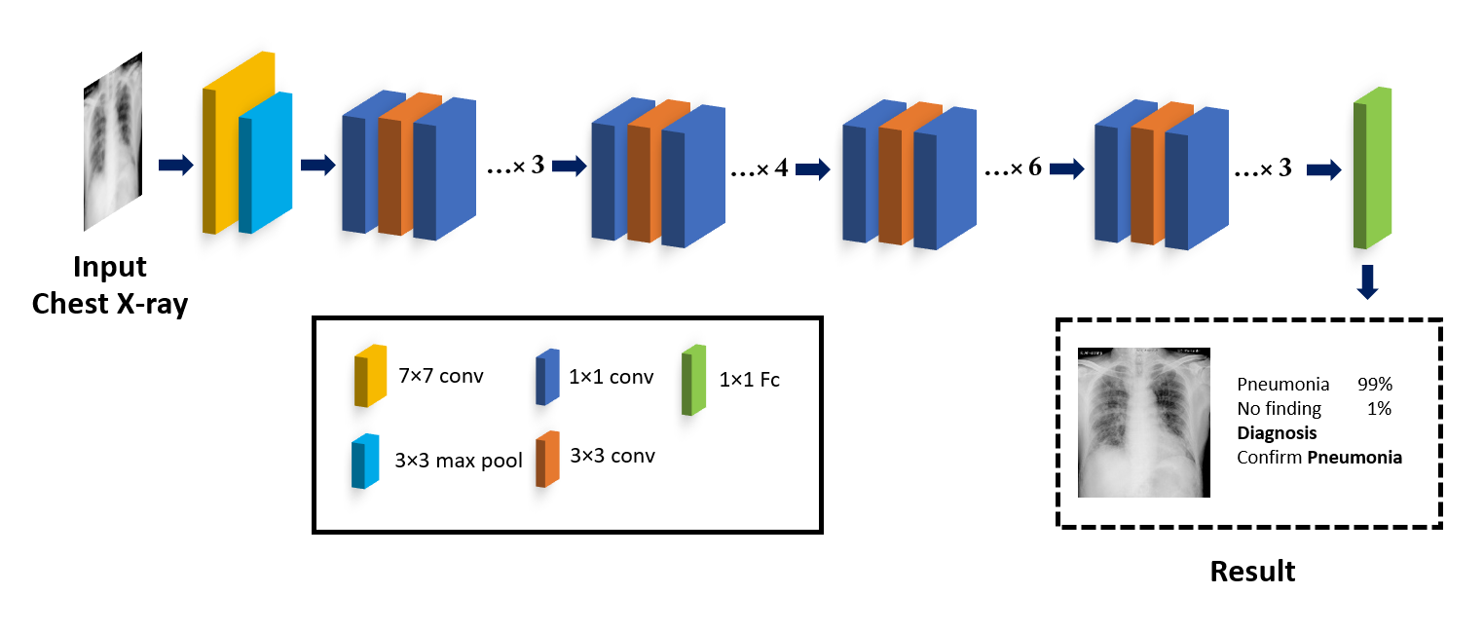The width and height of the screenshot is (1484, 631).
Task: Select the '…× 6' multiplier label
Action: coord(1013,168)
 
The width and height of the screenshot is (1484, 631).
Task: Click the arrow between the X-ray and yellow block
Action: coord(174,166)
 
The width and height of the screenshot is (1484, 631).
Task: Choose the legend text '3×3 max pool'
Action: coord(458,461)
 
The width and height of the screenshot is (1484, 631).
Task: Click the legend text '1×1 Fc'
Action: coord(749,381)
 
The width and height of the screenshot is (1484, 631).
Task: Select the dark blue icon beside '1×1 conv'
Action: coord(546,377)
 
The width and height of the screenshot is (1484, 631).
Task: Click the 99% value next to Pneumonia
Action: coord(1374,385)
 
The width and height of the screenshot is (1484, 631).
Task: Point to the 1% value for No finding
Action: coord(1379,409)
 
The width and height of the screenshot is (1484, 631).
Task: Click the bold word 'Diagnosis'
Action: coord(1277,433)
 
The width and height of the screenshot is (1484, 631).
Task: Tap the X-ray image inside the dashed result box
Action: coord(1143,423)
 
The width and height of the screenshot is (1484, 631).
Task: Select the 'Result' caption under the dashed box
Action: coord(1252,571)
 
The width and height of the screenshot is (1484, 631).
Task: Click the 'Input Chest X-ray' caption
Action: coord(110,285)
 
